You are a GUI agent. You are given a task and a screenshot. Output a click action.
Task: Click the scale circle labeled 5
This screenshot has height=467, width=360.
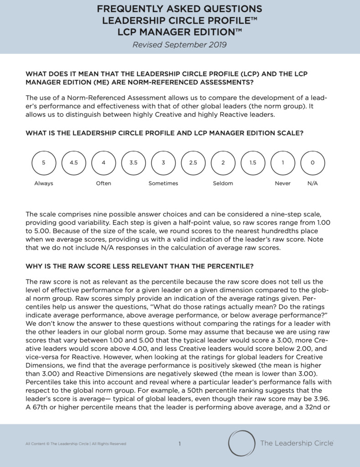[44, 162]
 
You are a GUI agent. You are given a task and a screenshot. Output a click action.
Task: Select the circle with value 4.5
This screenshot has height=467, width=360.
[73, 162]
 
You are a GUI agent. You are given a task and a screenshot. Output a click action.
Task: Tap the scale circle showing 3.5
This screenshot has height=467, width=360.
[133, 162]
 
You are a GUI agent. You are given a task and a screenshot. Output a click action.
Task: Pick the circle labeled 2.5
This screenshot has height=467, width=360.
[193, 162]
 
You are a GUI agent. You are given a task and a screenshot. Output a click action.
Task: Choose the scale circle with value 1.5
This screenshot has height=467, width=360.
[253, 162]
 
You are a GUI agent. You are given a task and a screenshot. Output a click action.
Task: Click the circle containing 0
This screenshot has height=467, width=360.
[313, 162]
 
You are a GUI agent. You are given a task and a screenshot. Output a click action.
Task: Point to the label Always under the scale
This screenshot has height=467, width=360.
[44, 183]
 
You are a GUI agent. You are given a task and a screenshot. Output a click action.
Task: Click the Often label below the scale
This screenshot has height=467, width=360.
[104, 183]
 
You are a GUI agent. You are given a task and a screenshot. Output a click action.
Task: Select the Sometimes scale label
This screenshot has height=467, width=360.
[163, 183]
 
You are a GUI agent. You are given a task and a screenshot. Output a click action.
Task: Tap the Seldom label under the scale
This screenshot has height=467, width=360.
[223, 183]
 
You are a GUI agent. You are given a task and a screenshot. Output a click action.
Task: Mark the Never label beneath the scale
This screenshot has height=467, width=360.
[282, 183]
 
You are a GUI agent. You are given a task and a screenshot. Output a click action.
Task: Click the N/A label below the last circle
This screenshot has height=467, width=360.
[313, 183]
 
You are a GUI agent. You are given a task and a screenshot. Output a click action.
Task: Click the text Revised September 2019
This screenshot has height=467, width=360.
[179, 45]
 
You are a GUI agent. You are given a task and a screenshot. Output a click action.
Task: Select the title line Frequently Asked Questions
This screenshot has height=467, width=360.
[179, 9]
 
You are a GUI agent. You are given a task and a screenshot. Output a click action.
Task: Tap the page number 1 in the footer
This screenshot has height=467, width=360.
[180, 443]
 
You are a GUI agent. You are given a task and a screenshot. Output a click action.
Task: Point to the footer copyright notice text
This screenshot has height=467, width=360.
[76, 444]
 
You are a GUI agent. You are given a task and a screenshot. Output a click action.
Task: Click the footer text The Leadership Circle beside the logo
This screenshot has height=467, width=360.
[297, 443]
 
